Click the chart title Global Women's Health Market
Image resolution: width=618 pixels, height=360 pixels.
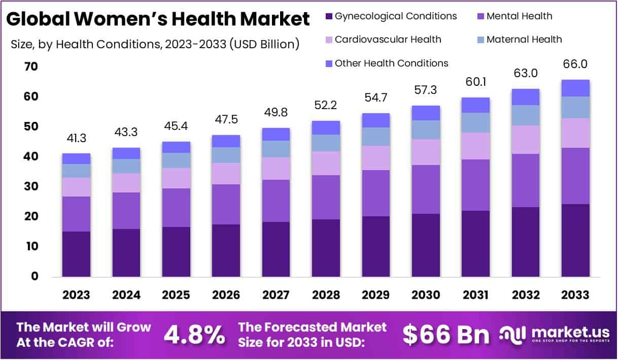point(158,19)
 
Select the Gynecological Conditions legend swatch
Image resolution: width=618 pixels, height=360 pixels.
point(328,16)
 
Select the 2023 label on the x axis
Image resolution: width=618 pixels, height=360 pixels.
point(76,296)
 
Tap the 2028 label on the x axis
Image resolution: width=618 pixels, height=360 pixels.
point(326,296)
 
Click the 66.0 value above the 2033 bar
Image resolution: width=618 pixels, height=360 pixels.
point(575,64)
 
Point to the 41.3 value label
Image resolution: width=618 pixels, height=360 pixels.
point(76,138)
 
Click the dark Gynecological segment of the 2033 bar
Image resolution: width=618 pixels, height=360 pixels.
point(575,240)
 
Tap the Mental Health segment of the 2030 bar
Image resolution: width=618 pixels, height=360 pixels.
point(426,189)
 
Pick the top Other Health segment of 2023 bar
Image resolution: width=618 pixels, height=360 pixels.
point(76,158)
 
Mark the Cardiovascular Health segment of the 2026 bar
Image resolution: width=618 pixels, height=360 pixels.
point(226,173)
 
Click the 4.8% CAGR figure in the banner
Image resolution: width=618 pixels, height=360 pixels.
point(194,335)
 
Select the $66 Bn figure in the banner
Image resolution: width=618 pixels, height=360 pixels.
point(446,335)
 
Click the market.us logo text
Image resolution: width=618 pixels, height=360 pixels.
point(570,333)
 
